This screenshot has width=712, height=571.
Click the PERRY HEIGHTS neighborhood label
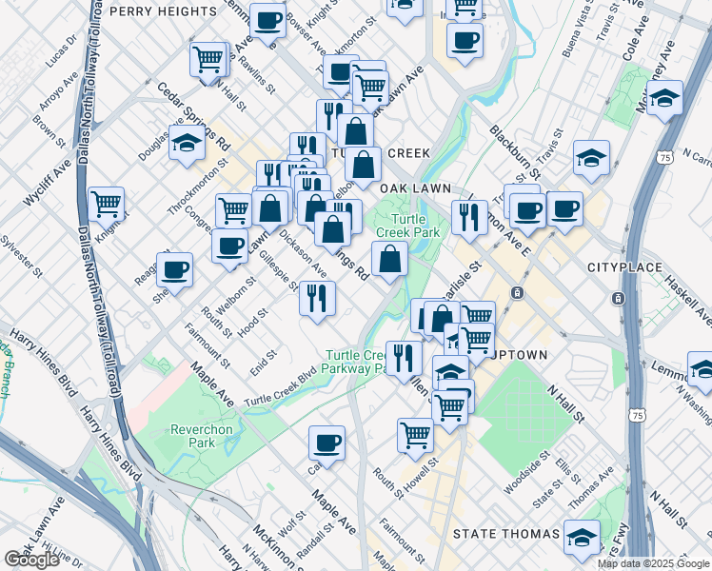coord(164,10)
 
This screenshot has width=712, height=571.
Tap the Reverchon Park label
coord(201,436)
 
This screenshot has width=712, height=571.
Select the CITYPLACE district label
coord(623,269)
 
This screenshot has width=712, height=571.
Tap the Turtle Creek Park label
coord(407,226)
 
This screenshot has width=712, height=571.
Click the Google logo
coord(31,560)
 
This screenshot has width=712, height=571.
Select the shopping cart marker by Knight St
coord(106,203)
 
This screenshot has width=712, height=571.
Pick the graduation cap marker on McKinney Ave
coord(663,97)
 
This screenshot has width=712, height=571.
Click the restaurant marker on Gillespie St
coord(317,298)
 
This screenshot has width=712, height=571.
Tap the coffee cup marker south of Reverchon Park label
coord(326,443)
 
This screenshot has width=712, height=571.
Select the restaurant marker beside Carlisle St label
coord(469,217)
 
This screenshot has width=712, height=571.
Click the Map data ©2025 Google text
coord(653,563)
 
